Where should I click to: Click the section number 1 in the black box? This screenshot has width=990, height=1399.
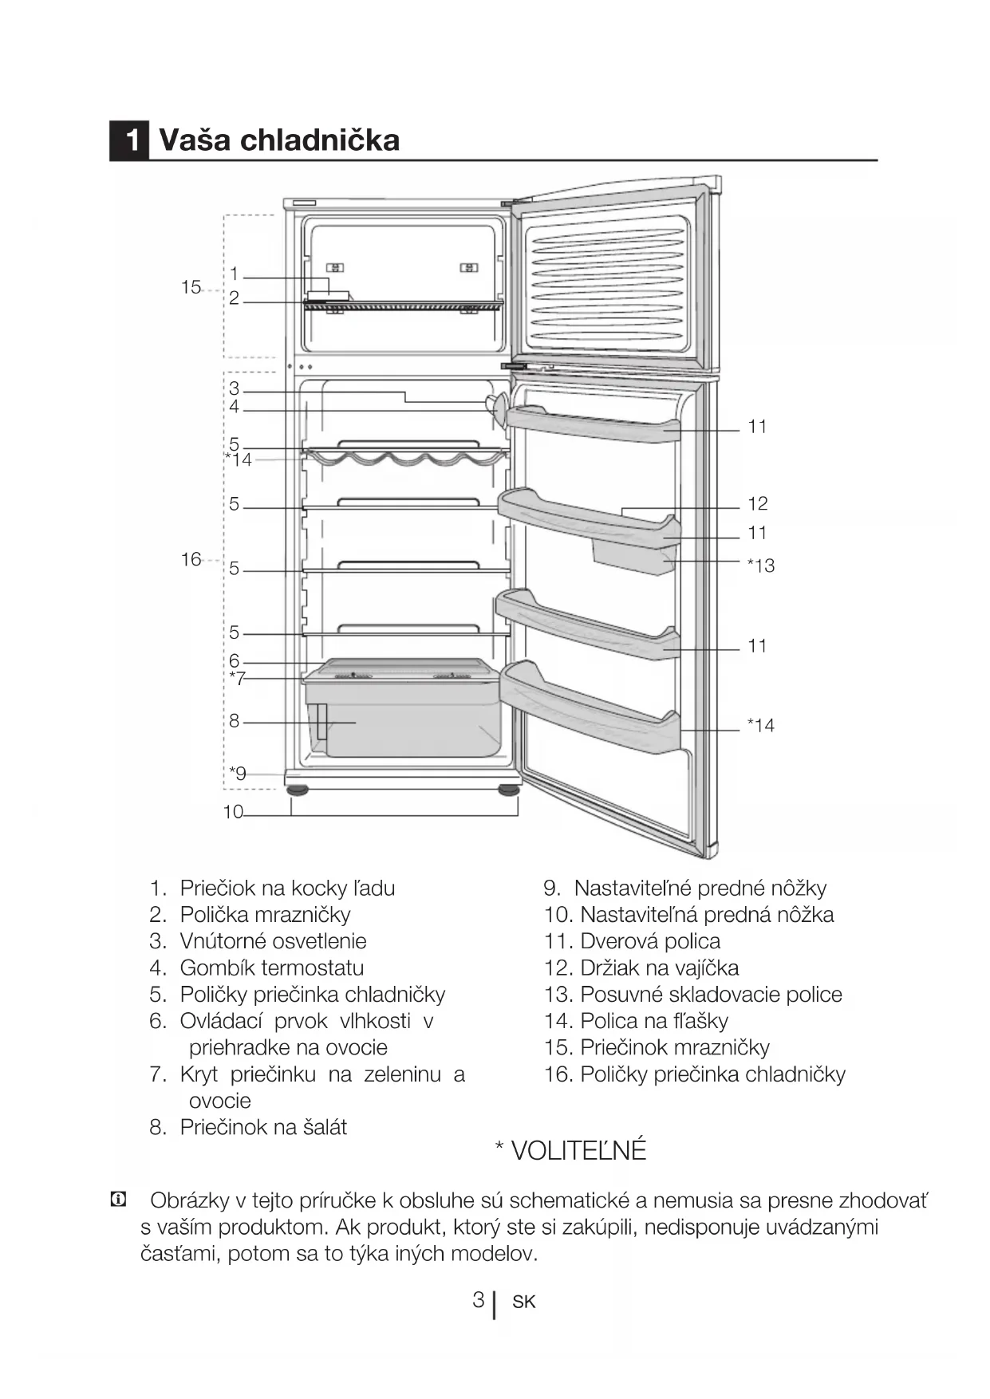click(129, 140)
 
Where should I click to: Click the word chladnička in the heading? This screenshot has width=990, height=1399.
click(319, 140)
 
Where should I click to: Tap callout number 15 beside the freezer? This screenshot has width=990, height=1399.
click(191, 287)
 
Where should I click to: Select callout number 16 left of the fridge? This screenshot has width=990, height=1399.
click(191, 559)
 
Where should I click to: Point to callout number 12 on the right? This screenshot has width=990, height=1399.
click(757, 504)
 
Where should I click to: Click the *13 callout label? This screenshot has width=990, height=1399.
click(760, 566)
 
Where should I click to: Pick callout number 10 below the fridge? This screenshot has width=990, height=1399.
click(233, 812)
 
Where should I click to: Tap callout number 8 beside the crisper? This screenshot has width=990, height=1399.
click(234, 721)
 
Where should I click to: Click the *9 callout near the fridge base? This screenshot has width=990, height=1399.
click(238, 773)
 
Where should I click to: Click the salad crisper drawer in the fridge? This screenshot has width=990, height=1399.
click(407, 722)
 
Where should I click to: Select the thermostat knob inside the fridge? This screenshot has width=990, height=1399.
click(498, 408)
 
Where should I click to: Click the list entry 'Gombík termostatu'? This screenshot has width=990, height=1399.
click(271, 968)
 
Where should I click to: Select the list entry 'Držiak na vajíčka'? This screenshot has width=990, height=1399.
click(659, 968)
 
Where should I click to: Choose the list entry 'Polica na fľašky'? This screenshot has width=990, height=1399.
click(653, 1021)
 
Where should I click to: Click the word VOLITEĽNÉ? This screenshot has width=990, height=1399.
click(578, 1151)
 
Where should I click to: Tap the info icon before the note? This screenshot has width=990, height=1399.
click(118, 1200)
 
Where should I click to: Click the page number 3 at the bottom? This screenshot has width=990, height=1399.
click(478, 1300)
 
